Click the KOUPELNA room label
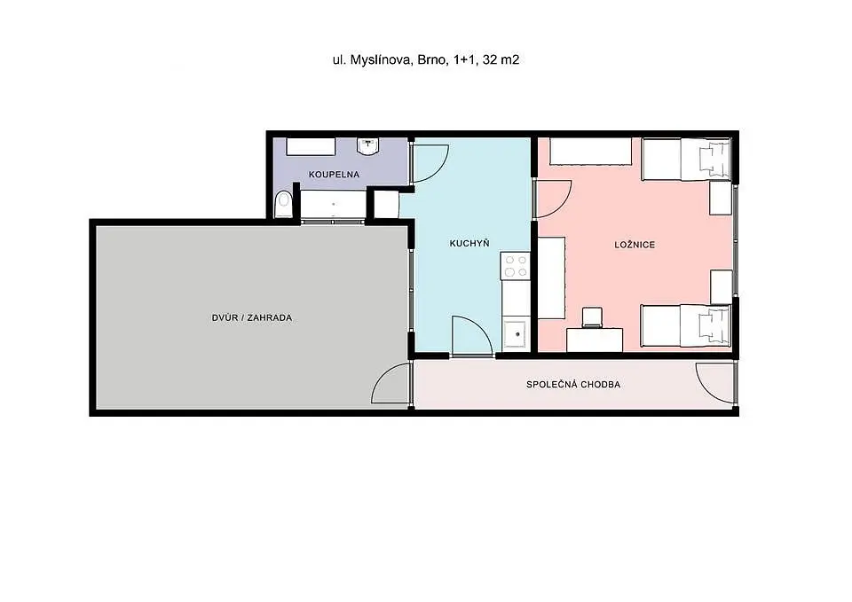(335, 175)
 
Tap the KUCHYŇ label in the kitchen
(469, 243)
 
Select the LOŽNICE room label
(635, 245)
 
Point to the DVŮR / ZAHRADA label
(252, 317)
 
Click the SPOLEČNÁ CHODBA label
(573, 384)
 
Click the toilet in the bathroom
(282, 205)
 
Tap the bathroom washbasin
(368, 146)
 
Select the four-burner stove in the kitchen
(515, 265)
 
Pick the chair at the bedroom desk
(592, 317)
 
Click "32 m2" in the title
(501, 59)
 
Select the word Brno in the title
(431, 59)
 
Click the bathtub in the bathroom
(333, 205)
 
